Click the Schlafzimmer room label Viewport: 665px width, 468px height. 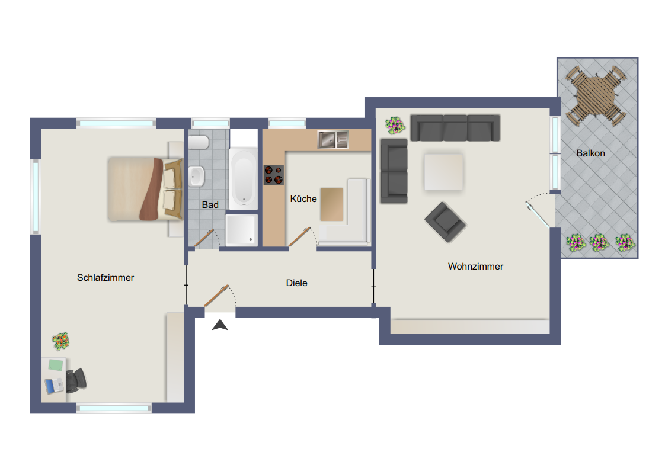tap(105, 277)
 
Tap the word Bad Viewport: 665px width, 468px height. tap(210, 205)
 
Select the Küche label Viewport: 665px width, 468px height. tap(303, 199)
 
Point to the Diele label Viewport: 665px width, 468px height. tap(296, 283)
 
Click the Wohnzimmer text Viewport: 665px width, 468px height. tap(475, 267)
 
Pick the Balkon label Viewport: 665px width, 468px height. tap(590, 153)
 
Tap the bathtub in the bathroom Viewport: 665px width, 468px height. tap(244, 176)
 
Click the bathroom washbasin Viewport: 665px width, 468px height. tap(197, 175)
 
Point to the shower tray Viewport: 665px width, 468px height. tap(242, 230)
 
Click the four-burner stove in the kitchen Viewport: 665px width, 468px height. tap(274, 175)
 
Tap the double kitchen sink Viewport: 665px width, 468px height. tap(334, 139)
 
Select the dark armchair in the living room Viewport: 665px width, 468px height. tap(445, 222)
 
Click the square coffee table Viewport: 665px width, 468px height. tap(443, 172)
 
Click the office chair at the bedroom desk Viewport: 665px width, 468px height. tap(76, 380)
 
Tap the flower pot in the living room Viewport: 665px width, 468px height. tap(395, 125)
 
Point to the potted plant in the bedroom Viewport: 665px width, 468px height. tap(61, 341)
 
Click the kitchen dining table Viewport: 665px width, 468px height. tap(332, 204)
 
